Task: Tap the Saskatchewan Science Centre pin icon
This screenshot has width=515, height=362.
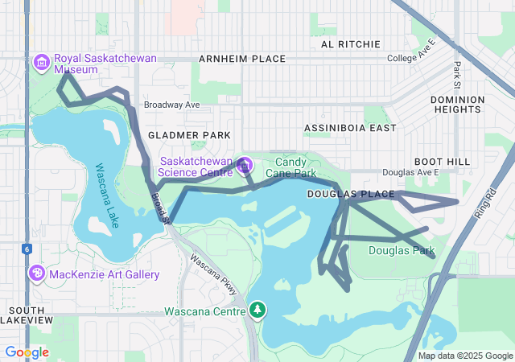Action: [x=245, y=167]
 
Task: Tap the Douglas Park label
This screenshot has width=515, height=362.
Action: [x=401, y=251]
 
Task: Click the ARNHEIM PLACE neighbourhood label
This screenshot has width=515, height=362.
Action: [x=243, y=59]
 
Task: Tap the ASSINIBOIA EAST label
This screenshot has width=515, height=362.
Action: [x=350, y=128]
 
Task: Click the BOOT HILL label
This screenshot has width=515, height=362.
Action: [x=442, y=162]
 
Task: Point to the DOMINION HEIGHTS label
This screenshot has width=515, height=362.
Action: [x=458, y=105]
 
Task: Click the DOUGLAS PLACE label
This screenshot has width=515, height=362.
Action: [x=351, y=195]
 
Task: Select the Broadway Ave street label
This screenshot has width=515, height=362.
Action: [x=171, y=105]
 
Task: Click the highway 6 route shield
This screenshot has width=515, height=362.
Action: [x=27, y=249]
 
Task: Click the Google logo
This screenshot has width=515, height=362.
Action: [x=27, y=352]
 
